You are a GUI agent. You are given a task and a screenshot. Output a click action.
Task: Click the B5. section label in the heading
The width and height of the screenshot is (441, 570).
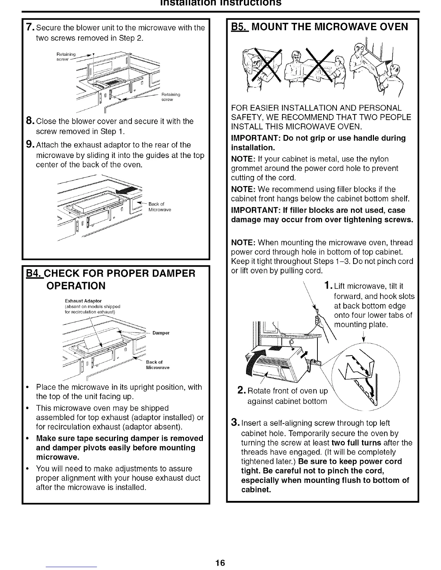(x=239, y=27)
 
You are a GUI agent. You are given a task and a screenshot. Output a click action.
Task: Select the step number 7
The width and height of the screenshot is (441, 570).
(x=30, y=27)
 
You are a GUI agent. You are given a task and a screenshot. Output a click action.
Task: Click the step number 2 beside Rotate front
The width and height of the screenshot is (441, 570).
(x=242, y=391)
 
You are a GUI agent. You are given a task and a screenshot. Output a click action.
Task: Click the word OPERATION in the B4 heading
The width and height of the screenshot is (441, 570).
(x=76, y=286)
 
